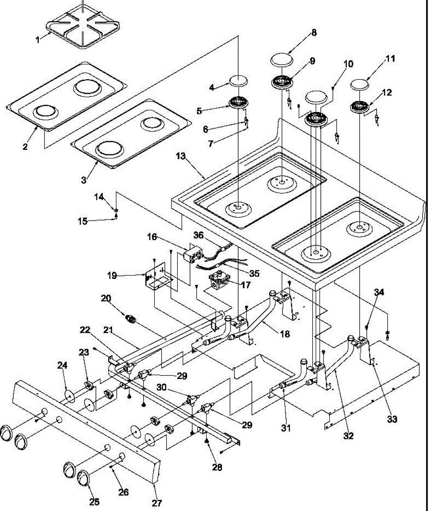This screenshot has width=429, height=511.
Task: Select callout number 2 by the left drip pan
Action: click(25, 147)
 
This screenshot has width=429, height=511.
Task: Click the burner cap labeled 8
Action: click(281, 60)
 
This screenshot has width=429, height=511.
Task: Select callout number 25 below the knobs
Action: click(94, 502)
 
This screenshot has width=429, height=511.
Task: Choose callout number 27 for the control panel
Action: click(157, 503)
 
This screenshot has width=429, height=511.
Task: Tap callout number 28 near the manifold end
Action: click(217, 467)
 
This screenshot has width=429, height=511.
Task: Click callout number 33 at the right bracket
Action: click(392, 419)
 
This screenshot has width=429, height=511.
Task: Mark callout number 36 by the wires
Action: click(199, 235)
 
